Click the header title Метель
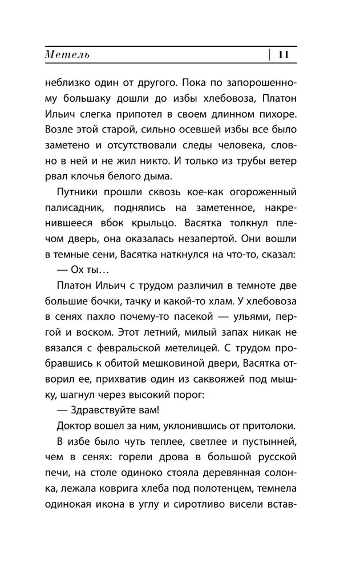tap(67, 55)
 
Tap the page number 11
tap(284, 55)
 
